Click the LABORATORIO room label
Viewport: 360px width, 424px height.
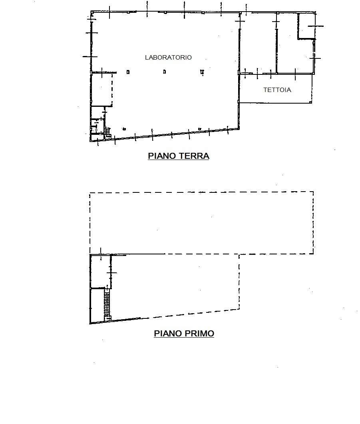click(168, 57)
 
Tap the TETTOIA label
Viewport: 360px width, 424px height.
click(277, 90)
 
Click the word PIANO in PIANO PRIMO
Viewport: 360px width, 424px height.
click(167, 333)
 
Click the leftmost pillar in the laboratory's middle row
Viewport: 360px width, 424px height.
click(128, 72)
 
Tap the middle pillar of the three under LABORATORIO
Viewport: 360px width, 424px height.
click(164, 72)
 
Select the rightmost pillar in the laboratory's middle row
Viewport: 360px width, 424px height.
click(202, 72)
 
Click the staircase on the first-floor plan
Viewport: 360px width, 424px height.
click(107, 304)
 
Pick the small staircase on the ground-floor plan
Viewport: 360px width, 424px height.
click(108, 133)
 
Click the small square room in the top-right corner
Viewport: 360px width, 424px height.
click(306, 26)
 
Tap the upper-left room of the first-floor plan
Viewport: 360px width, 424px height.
click(100, 271)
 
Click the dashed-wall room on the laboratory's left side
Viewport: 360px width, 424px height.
click(101, 89)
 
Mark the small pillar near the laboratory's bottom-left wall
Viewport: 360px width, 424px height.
click(124, 129)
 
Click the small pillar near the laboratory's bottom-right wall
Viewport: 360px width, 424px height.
click(200, 129)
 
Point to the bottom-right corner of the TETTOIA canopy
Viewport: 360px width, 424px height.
click(312, 103)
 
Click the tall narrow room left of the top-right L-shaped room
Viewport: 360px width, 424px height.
click(258, 42)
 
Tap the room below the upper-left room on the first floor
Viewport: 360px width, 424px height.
click(97, 306)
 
